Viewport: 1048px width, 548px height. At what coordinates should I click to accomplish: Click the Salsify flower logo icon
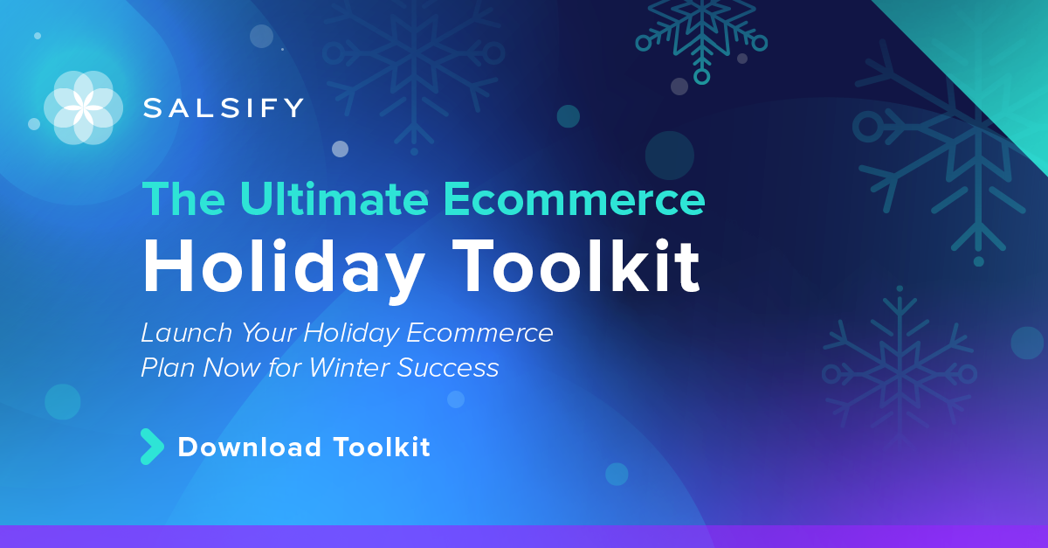(x=79, y=108)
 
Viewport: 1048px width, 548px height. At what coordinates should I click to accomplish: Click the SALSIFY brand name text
(x=224, y=108)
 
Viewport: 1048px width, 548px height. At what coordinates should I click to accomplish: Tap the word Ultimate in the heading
(x=334, y=199)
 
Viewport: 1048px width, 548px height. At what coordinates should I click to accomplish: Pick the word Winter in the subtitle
(x=348, y=368)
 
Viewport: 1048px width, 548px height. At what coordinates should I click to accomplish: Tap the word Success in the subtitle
(x=448, y=368)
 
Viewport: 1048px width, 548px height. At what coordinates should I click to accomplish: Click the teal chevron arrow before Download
(x=151, y=447)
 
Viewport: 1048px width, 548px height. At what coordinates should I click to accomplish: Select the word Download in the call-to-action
(x=250, y=447)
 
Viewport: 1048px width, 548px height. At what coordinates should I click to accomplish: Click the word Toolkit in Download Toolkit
(x=382, y=447)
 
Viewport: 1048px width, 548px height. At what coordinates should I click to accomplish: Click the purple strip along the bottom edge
(x=524, y=537)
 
